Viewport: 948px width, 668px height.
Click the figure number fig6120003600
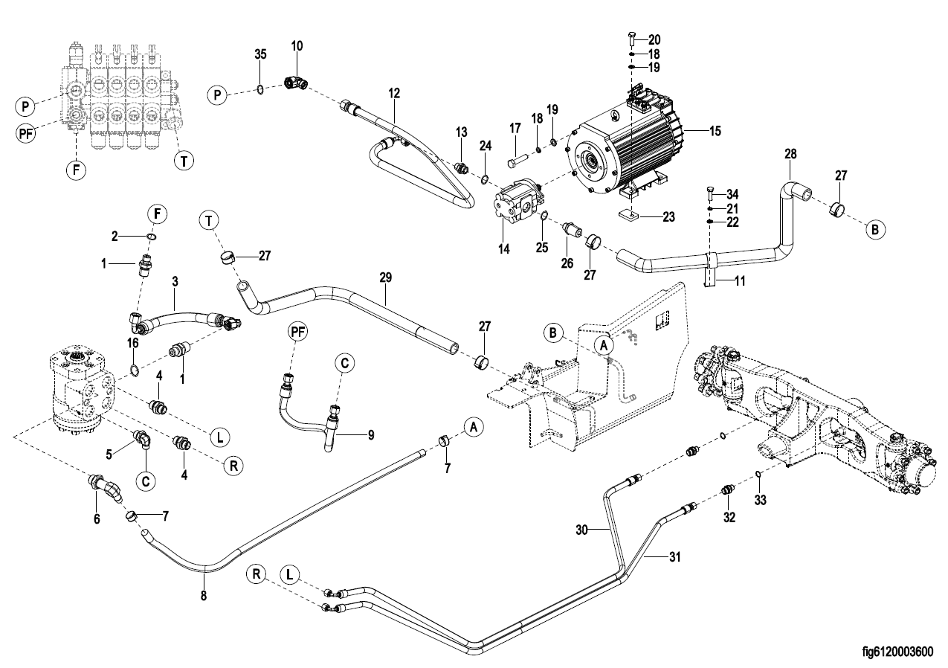tap(897, 651)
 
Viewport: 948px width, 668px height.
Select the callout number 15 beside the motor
tap(715, 131)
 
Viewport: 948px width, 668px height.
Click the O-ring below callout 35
tap(261, 89)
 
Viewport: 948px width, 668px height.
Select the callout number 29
tap(386, 277)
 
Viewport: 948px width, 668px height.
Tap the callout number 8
tap(204, 595)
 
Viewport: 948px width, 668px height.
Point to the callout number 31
tap(674, 556)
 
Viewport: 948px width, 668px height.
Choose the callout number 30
tap(582, 530)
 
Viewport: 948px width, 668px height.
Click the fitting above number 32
tap(728, 491)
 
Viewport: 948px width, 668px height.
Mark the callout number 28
tap(790, 154)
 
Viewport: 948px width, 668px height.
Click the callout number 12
tap(394, 93)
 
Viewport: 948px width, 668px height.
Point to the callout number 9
tap(371, 434)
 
